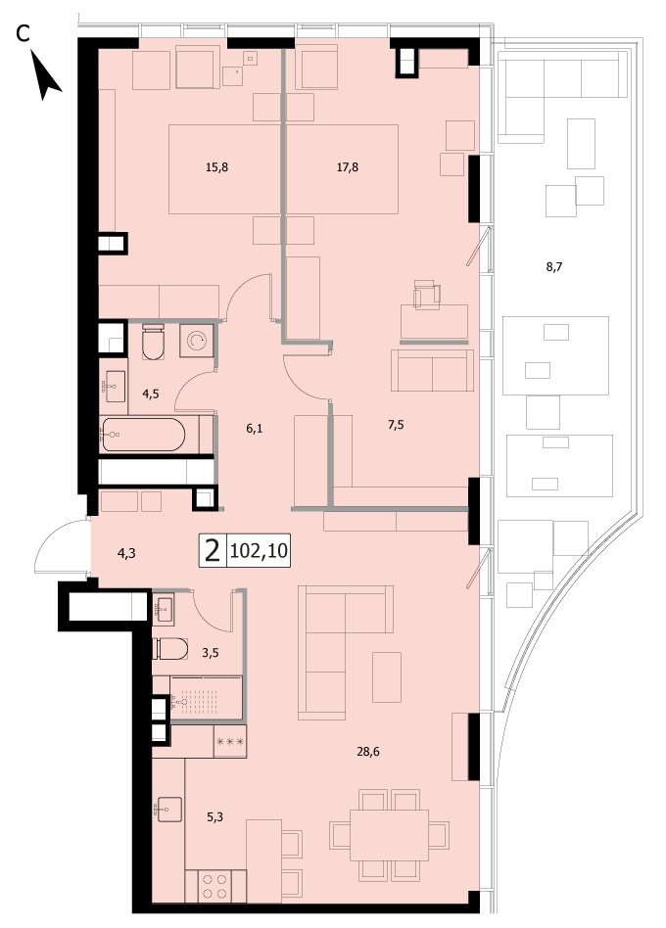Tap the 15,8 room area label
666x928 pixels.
(216, 167)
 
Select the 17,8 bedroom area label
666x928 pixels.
(348, 167)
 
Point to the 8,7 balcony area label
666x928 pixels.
(554, 267)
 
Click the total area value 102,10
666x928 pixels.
(259, 551)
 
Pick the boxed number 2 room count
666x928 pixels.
(213, 551)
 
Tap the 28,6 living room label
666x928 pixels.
(368, 752)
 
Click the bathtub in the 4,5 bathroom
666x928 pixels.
(143, 435)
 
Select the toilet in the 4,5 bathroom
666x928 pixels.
(154, 342)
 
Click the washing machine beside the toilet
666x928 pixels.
(197, 340)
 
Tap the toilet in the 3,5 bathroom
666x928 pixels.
(169, 649)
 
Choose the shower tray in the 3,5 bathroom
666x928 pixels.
(206, 698)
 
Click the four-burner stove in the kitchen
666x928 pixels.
(214, 886)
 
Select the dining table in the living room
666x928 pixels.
(389, 835)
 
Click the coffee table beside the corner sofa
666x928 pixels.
(387, 677)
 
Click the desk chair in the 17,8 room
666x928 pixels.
(427, 295)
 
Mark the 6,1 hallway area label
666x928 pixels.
(255, 429)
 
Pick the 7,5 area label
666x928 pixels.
(396, 424)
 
